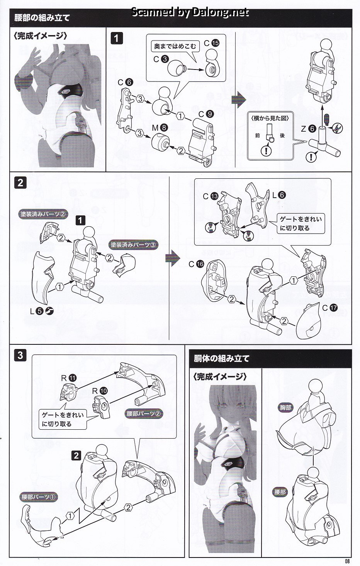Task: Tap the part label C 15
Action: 212,43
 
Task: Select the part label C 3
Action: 161,59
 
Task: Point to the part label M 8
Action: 160,128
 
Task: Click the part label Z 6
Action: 308,129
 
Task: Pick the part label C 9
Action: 206,114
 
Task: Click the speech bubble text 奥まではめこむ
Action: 175,46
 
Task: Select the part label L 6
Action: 279,195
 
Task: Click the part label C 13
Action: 211,196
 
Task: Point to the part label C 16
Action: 196,264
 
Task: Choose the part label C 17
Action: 330,308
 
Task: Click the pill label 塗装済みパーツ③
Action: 133,245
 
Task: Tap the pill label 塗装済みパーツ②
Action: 43,214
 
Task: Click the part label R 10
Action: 100,391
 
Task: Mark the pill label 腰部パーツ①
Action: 38,497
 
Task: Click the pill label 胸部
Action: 285,407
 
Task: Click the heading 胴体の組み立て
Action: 221,359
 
